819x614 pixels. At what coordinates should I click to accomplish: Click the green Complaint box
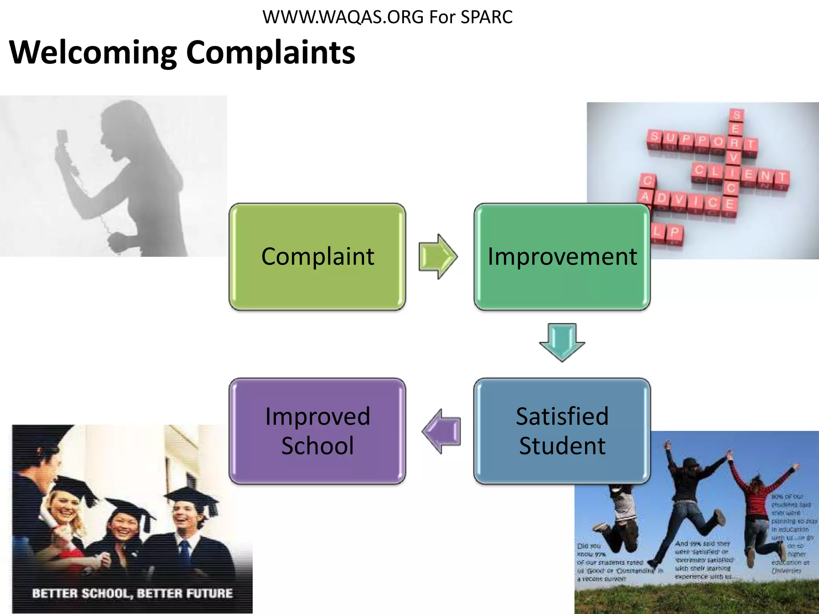click(317, 257)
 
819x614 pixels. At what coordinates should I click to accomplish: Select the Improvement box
click(562, 257)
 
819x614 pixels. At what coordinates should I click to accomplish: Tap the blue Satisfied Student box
click(562, 431)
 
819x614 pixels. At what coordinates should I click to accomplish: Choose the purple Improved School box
click(317, 431)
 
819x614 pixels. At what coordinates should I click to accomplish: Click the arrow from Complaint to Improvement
click(438, 257)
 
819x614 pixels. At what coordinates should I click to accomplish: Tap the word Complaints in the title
click(270, 53)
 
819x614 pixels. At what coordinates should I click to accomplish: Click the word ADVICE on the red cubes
click(688, 200)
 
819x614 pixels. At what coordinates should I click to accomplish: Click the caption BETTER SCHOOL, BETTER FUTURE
click(132, 593)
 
